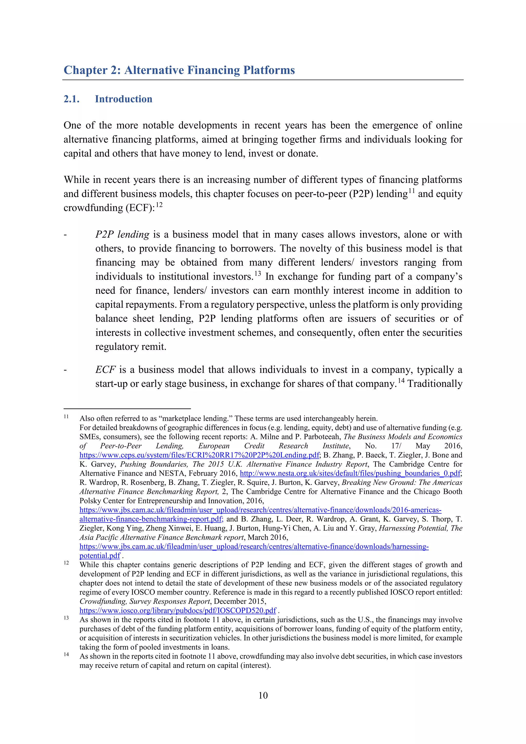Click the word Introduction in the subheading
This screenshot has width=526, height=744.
123,99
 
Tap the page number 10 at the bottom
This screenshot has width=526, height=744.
263,695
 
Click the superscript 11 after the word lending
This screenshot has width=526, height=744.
411,191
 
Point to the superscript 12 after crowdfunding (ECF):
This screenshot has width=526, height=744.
159,205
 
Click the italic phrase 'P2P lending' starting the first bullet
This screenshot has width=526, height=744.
122,234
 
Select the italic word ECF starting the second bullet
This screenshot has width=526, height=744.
105,370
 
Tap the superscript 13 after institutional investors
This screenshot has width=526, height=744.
258,274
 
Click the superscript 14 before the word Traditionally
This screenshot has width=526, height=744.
401,381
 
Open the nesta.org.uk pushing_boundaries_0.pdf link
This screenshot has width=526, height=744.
350,473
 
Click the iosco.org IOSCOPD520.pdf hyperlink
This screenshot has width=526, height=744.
177,611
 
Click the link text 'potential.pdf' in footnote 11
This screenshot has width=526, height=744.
100,556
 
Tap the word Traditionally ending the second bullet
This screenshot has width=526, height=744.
435,384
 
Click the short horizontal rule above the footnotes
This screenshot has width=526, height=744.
127,409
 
